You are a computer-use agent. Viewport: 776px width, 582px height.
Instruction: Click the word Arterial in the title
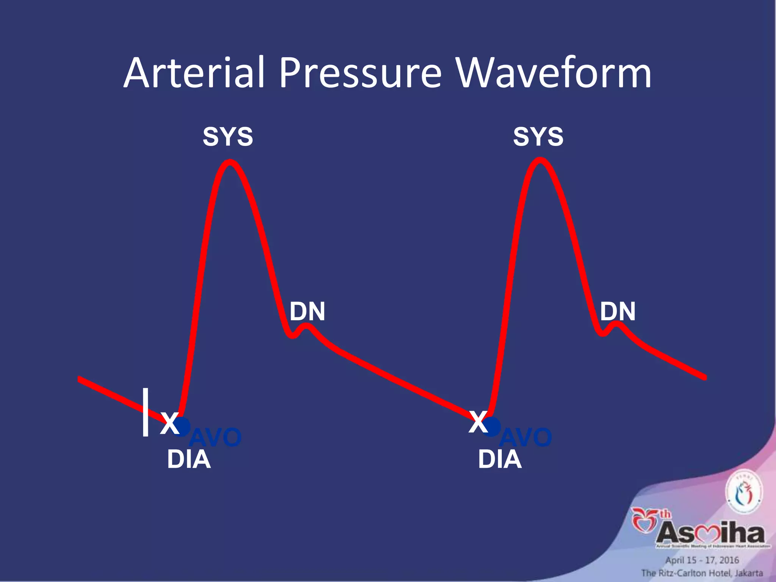pos(194,73)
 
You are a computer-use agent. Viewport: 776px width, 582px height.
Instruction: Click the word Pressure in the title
pos(360,73)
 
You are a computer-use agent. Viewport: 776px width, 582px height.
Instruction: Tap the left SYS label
pos(228,137)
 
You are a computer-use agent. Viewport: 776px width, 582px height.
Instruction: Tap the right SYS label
pos(538,137)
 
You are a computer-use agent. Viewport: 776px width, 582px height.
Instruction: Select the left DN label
pos(307,311)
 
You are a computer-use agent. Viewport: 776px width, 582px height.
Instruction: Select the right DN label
pos(618,311)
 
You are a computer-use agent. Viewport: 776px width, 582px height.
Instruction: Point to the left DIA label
pos(189,460)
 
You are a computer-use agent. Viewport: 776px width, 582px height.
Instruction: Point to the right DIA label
pos(499,460)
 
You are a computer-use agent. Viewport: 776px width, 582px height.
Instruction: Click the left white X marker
pos(169,423)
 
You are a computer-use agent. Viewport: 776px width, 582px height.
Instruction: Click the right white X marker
pos(478,422)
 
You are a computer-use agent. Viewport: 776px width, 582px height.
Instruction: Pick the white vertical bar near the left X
pos(145,412)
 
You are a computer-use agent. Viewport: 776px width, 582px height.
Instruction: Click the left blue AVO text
pos(215,438)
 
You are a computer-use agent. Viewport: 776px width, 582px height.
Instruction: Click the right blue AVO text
pos(526,437)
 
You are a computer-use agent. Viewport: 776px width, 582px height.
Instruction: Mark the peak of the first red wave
pos(230,163)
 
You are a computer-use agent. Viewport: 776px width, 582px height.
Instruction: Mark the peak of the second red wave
pos(540,161)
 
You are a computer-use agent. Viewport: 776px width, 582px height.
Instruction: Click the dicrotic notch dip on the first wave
pos(292,335)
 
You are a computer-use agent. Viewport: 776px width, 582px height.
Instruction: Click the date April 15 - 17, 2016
pos(702,560)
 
